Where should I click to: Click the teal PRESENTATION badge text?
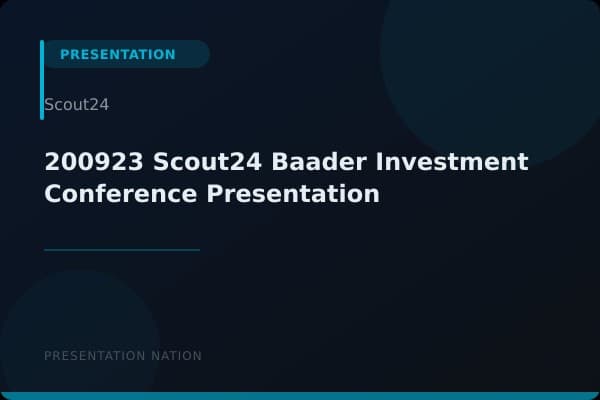click(x=117, y=55)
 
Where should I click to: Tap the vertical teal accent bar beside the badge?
click(x=42, y=80)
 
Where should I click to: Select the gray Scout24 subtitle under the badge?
click(x=76, y=105)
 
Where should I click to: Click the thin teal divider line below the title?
click(x=122, y=250)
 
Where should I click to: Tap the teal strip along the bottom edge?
click(x=300, y=396)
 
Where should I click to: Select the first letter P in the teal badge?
click(x=64, y=55)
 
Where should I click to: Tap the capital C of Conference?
click(x=53, y=194)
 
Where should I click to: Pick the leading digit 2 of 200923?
click(x=51, y=162)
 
